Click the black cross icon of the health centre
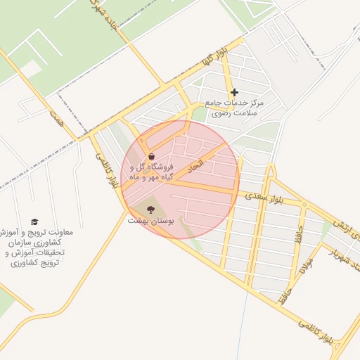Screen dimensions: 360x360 tap(234, 92)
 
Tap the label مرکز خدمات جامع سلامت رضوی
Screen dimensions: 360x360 tap(232, 108)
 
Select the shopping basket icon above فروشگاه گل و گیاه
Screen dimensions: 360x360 tap(151, 157)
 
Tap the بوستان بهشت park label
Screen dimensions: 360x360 tap(149, 221)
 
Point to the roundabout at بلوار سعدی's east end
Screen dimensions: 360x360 tap(304, 205)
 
